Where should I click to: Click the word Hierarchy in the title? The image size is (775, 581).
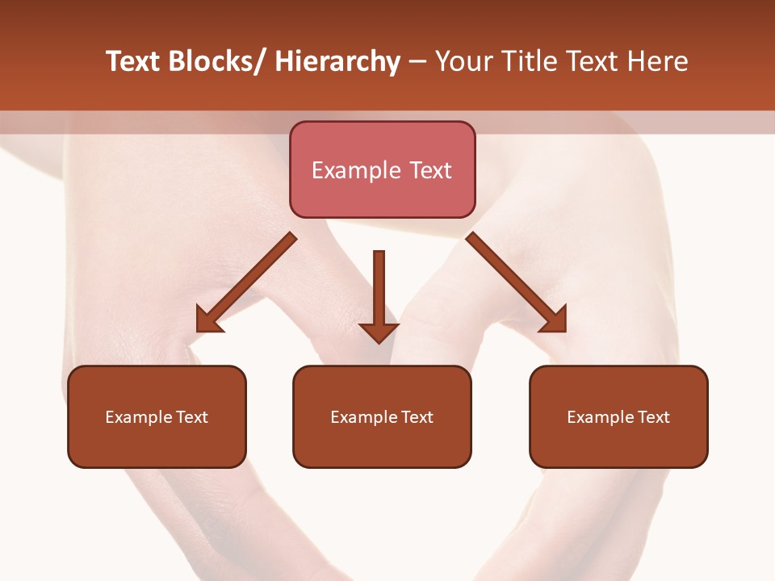click(337, 61)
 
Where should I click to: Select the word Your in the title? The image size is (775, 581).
click(463, 61)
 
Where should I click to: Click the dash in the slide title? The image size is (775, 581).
click(417, 61)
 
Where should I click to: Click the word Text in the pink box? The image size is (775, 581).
click(430, 170)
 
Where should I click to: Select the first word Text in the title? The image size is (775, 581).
click(134, 61)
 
